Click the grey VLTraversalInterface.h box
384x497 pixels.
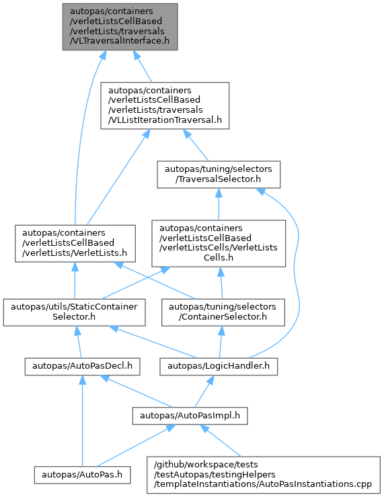tap(120, 27)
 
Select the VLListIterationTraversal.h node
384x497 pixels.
tap(165, 105)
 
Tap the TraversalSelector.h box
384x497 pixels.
tap(219, 175)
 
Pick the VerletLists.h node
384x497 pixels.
tap(75, 243)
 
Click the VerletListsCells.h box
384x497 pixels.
tap(219, 243)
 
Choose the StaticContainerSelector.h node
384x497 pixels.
tap(74, 312)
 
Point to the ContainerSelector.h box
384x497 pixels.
tap(223, 312)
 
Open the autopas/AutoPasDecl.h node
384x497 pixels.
tap(83, 367)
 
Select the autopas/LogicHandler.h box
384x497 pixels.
tap(219, 367)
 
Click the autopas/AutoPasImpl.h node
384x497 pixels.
tap(190, 416)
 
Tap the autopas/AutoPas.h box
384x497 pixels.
tap(82, 475)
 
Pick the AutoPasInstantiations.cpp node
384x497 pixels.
tap(264, 475)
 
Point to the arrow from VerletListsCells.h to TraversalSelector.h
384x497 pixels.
tap(219, 204)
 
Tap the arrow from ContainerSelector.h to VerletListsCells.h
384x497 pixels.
tap(221, 283)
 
